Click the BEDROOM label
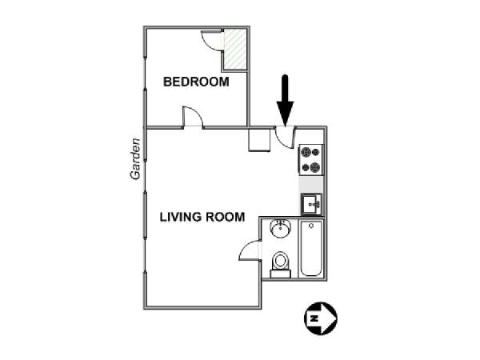click(x=196, y=82)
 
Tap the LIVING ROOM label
click(x=202, y=217)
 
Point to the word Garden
click(x=135, y=159)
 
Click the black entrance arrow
click(x=285, y=101)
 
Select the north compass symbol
click(x=321, y=318)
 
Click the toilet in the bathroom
click(x=281, y=265)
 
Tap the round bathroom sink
click(x=280, y=229)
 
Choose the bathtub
click(x=311, y=248)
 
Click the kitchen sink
click(x=311, y=204)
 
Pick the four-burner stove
click(x=310, y=159)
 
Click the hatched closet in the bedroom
click(x=235, y=50)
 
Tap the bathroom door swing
click(x=250, y=250)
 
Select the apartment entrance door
click(x=285, y=138)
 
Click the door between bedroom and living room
click(x=193, y=117)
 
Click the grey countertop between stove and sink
click(x=310, y=185)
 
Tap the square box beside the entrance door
click(x=259, y=139)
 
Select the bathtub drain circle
click(x=311, y=226)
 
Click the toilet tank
click(x=281, y=274)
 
